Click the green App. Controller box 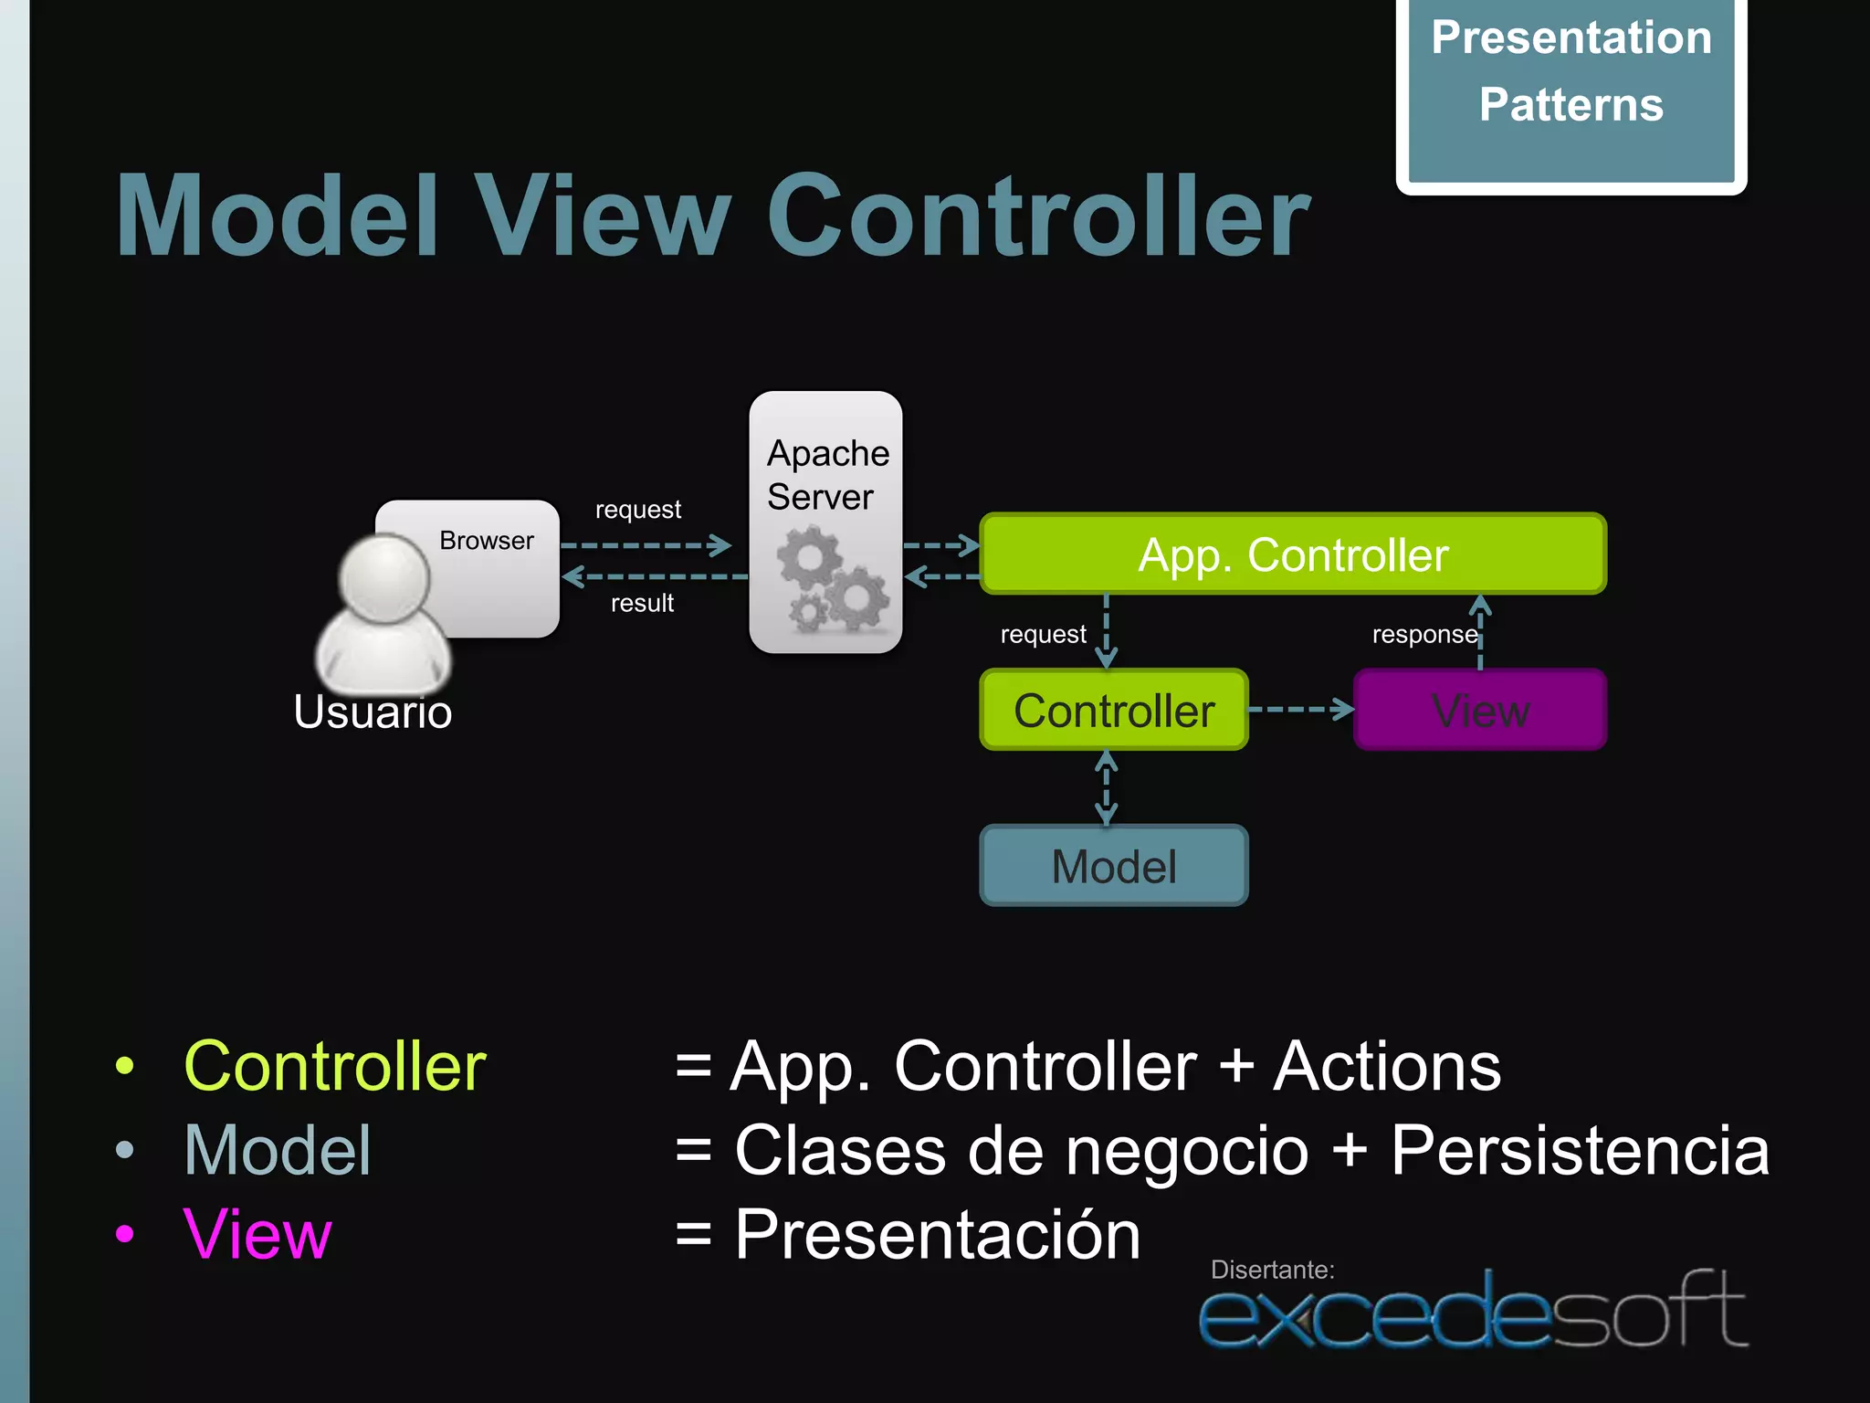pos(1292,554)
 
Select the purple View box pos(1479,710)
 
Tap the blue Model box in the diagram pos(1113,866)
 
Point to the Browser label pos(486,541)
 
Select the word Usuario pos(373,712)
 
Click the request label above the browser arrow pos(637,510)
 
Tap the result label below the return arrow pos(642,604)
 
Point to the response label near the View pos(1424,634)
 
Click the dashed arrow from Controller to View pos(1300,710)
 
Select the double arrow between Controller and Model pos(1107,787)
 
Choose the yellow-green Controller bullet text pos(334,1066)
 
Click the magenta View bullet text pos(257,1234)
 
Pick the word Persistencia pos(1580,1150)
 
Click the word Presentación pos(938,1235)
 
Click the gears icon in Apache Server pos(831,583)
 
